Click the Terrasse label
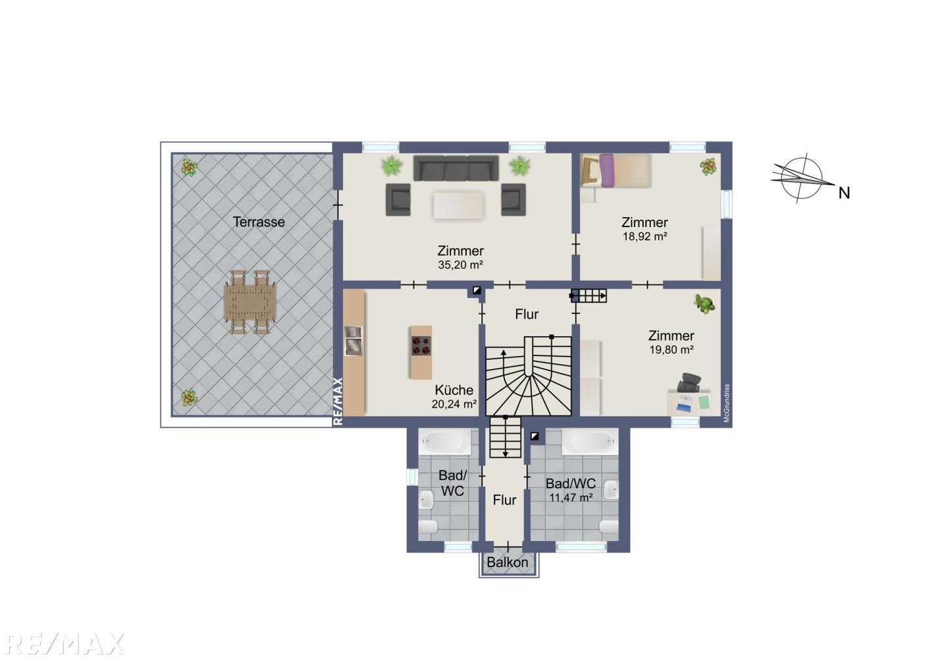(x=259, y=222)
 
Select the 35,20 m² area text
(x=460, y=265)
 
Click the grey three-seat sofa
(x=456, y=168)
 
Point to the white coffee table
(x=458, y=205)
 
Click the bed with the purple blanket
(x=616, y=170)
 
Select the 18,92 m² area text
(x=645, y=236)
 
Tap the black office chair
(x=689, y=383)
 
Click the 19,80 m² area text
(x=671, y=349)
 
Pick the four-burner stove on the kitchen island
(x=421, y=345)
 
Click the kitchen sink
(x=353, y=340)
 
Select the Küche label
(x=454, y=390)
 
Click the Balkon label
(x=508, y=562)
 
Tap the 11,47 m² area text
(x=571, y=498)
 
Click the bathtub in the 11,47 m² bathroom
(x=590, y=442)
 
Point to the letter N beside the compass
(x=844, y=193)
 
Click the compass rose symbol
(x=801, y=178)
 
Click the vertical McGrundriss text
(x=727, y=403)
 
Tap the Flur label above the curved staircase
(x=527, y=315)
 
